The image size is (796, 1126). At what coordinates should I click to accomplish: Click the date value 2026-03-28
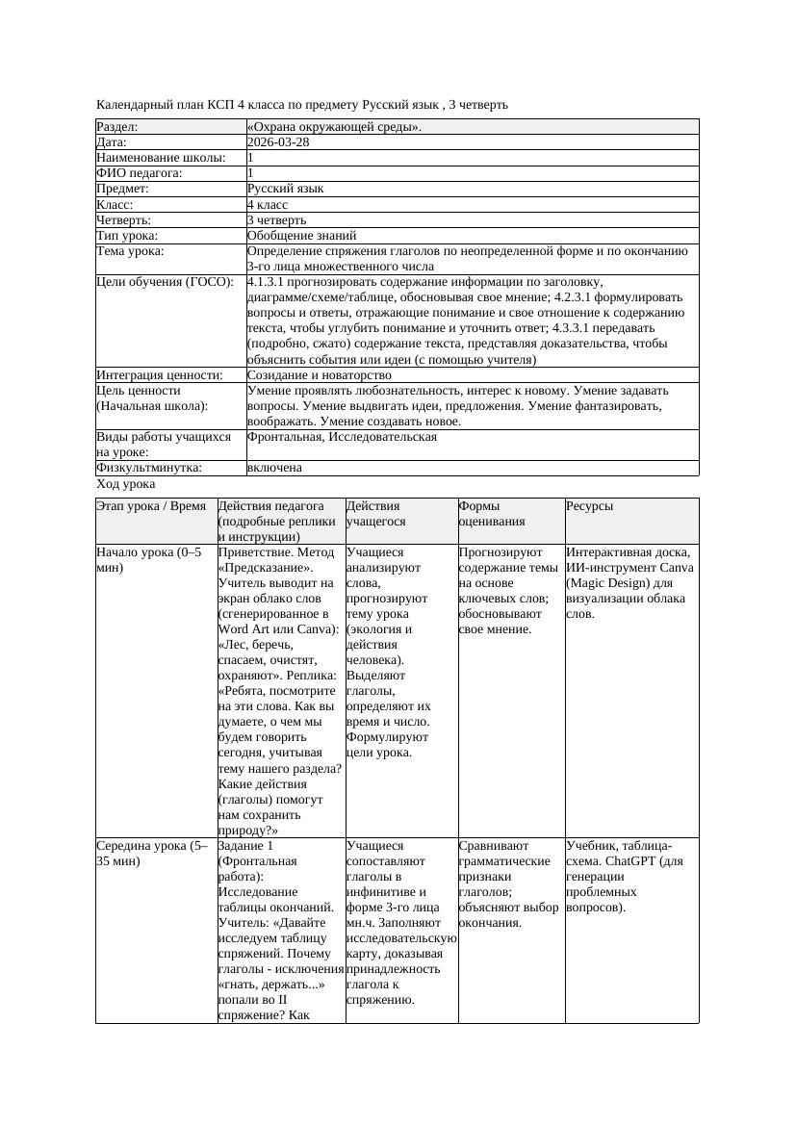click(278, 141)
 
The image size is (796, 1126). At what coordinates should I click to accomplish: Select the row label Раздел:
click(117, 126)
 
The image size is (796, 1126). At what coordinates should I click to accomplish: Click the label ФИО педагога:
click(140, 173)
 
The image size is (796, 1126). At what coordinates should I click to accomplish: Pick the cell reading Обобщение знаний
click(301, 235)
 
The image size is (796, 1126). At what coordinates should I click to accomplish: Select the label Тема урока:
click(130, 251)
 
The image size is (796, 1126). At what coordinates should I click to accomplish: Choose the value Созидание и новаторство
click(319, 374)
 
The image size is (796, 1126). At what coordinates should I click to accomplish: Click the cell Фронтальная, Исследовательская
click(342, 437)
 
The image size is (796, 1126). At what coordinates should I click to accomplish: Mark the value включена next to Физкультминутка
click(274, 468)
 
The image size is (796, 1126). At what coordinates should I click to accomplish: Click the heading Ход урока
click(126, 484)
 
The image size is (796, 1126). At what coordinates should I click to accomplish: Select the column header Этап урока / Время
click(151, 505)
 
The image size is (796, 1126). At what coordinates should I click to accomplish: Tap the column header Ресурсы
click(589, 505)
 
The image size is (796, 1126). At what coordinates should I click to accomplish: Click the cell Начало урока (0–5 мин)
click(149, 560)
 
